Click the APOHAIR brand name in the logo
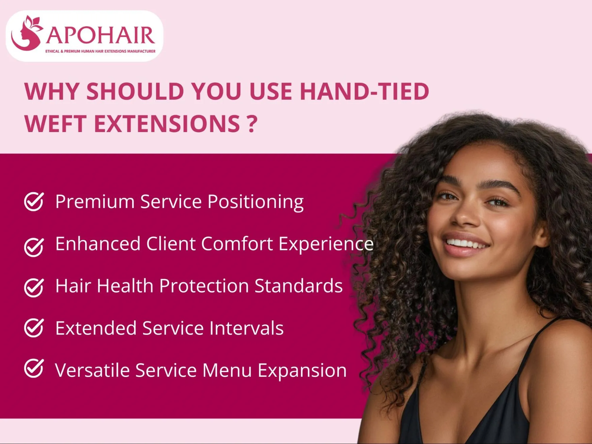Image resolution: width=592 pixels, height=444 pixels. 100,35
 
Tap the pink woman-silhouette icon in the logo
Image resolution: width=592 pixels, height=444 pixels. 27,34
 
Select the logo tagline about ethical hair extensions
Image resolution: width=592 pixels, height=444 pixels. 100,51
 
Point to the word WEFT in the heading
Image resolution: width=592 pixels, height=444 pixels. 55,123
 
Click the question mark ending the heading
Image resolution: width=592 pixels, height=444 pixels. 251,123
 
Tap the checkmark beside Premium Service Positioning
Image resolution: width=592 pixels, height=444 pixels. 34,202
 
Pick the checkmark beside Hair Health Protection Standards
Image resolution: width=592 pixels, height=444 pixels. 34,287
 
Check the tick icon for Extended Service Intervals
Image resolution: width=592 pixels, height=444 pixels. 34,328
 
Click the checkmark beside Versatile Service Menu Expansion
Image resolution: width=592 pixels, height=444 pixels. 34,368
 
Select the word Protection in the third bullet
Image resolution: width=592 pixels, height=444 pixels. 204,286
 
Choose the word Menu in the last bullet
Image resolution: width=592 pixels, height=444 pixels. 227,370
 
